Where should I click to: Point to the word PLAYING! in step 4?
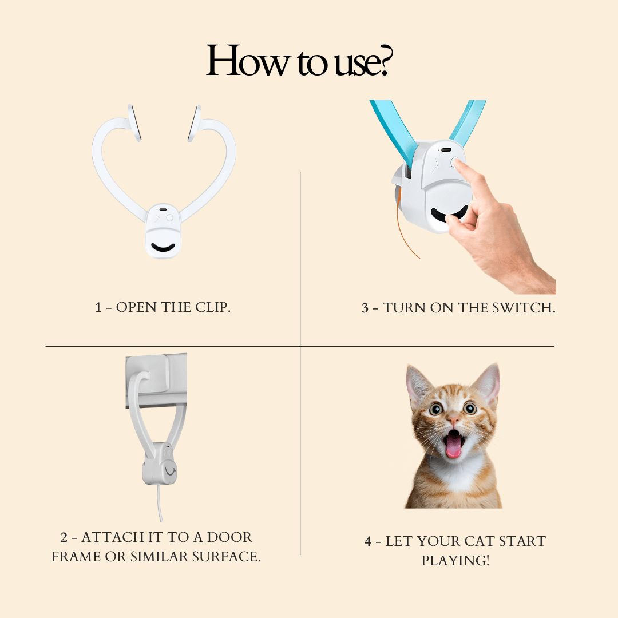pos(455,560)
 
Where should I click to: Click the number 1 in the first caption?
pos(98,307)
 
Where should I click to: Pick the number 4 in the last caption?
pos(368,541)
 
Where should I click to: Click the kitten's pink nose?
pos(454,421)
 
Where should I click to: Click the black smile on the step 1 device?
pos(163,248)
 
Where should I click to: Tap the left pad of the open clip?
pos(134,123)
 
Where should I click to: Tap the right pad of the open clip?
pos(194,124)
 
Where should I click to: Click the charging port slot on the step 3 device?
pos(446,150)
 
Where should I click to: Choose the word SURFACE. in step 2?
pos(226,557)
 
